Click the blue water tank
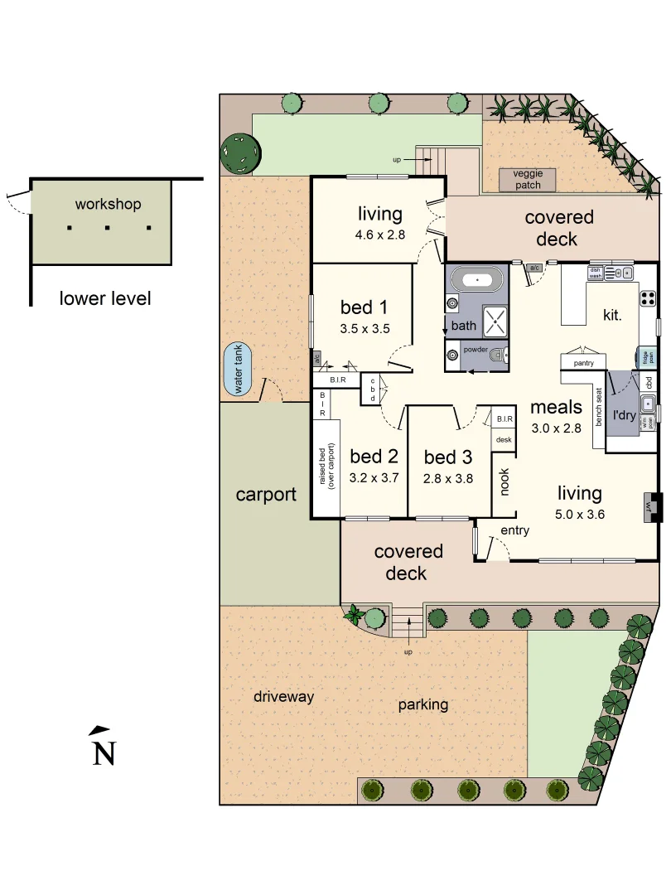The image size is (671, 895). click(240, 371)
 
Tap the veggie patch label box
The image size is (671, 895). click(528, 179)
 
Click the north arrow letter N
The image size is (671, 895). click(103, 753)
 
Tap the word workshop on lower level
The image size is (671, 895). click(108, 204)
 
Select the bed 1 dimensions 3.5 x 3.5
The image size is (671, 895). click(364, 328)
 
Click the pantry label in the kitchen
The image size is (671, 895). click(585, 362)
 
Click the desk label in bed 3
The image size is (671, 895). click(504, 439)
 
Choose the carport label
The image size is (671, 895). click(266, 495)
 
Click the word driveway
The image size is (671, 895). click(284, 696)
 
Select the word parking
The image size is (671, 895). click(422, 704)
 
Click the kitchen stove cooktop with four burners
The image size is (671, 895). click(648, 299)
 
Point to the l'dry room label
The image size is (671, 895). click(623, 415)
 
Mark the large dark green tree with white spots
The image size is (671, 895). click(241, 153)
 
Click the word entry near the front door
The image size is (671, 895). click(514, 530)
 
